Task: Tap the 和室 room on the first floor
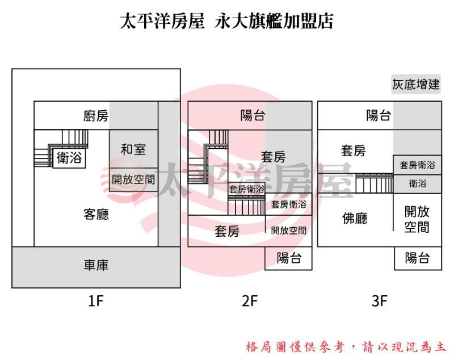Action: pos(133,149)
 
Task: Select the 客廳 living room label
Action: pos(96,214)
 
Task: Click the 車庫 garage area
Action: pos(96,265)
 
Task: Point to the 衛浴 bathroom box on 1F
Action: pos(69,158)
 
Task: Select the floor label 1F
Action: pos(96,302)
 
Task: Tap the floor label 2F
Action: pos(250,302)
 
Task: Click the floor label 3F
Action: pos(379,302)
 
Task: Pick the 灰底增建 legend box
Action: pos(416,85)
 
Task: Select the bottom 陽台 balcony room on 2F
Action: pos(289,258)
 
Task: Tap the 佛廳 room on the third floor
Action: pos(355,218)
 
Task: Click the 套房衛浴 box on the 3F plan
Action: pos(417,165)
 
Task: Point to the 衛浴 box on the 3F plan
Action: pos(417,183)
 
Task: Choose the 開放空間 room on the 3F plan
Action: pos(417,220)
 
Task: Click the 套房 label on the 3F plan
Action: pos(353,150)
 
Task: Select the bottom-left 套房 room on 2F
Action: pos(227,231)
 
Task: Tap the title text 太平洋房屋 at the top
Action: pos(162,21)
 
